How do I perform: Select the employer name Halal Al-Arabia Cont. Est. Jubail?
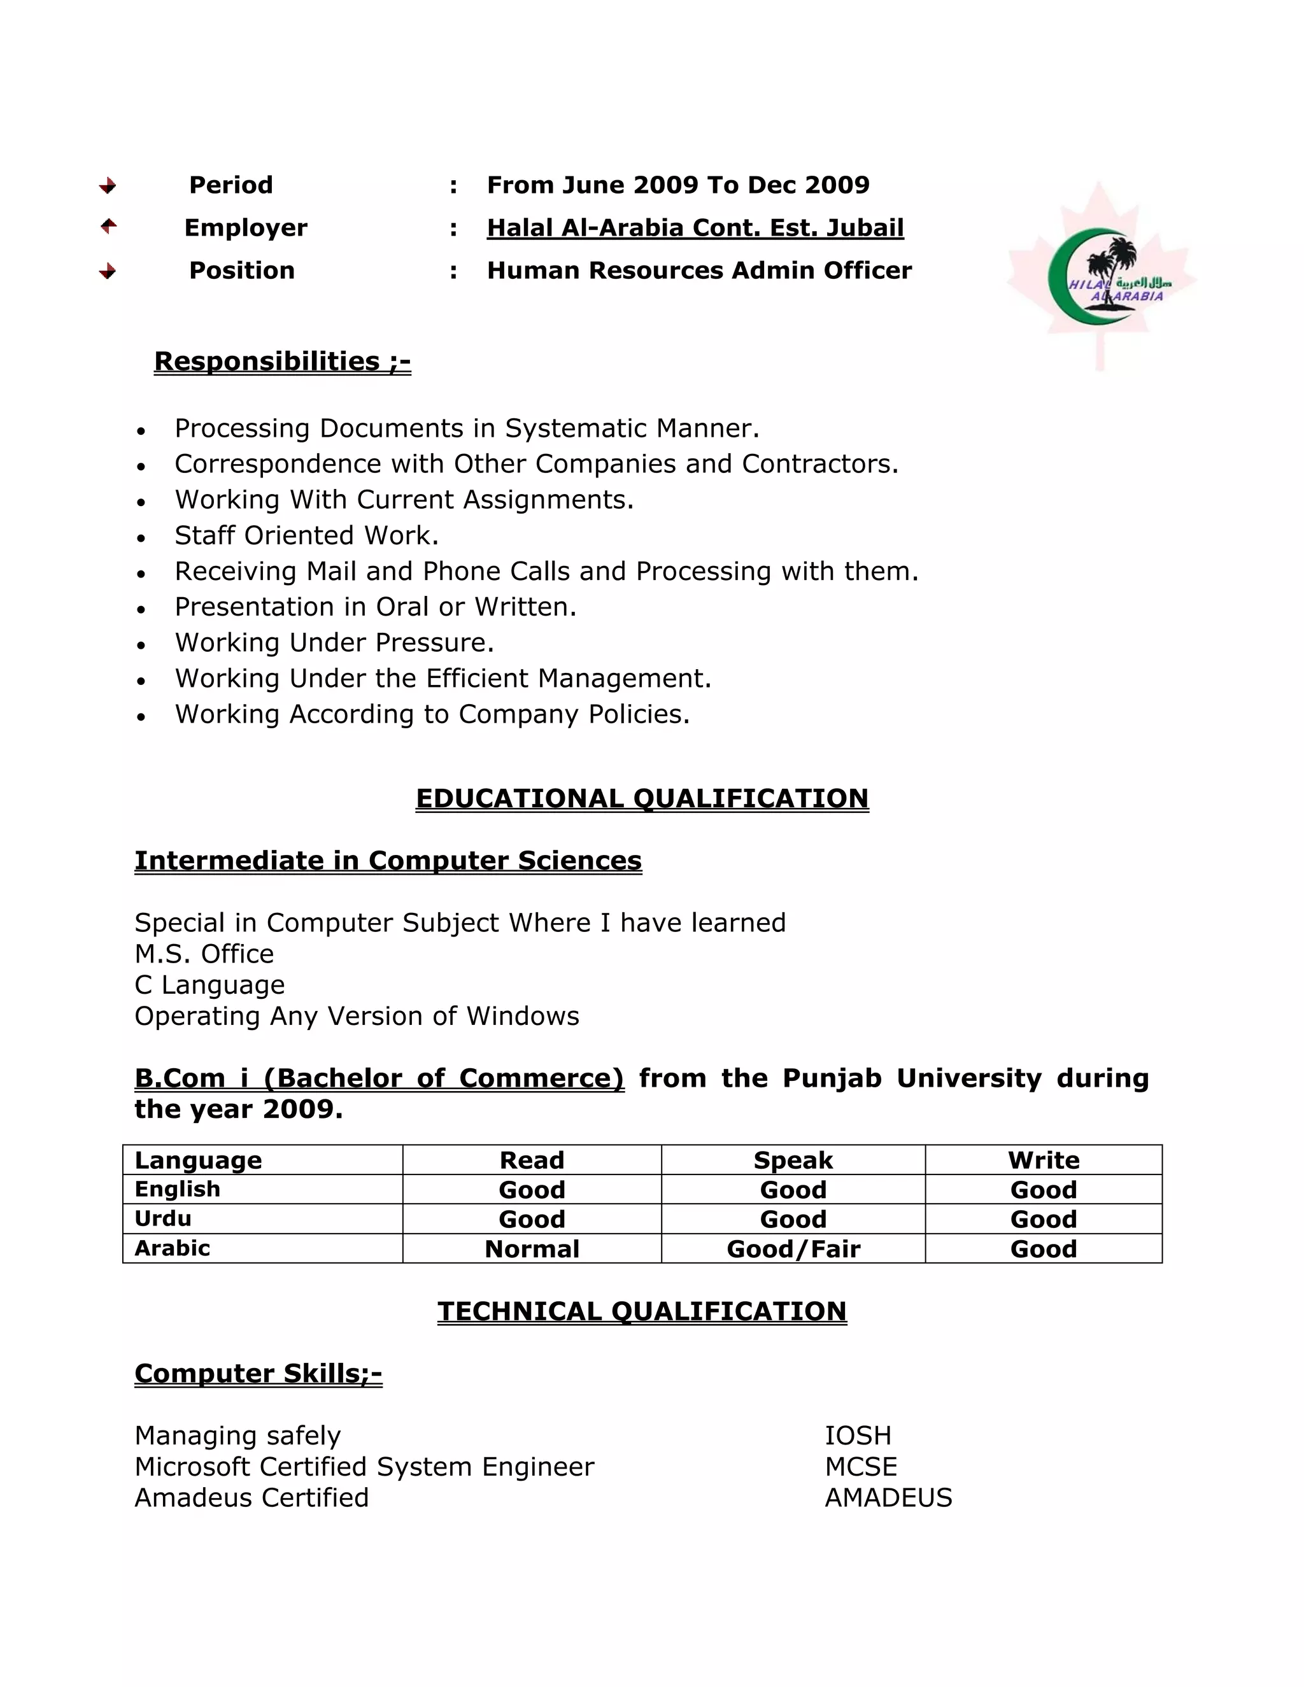coord(695,228)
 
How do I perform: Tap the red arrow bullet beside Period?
coord(108,185)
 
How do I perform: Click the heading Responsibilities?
coord(282,362)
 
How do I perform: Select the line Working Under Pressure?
coord(334,643)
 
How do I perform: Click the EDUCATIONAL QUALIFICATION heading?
coord(642,798)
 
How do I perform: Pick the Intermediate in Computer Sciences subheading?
coord(388,861)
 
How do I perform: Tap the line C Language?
coord(209,985)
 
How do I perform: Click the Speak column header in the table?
coord(793,1160)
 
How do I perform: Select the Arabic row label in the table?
coord(173,1248)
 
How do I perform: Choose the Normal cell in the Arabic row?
coord(532,1249)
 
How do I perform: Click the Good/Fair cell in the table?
coord(793,1249)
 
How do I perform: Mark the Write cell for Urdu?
coord(1043,1219)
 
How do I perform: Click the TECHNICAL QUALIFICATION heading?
coord(642,1311)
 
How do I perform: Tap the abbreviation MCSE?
coord(861,1467)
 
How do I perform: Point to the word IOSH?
coord(858,1435)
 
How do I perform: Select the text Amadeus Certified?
coord(251,1498)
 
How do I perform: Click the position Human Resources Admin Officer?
coord(698,271)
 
